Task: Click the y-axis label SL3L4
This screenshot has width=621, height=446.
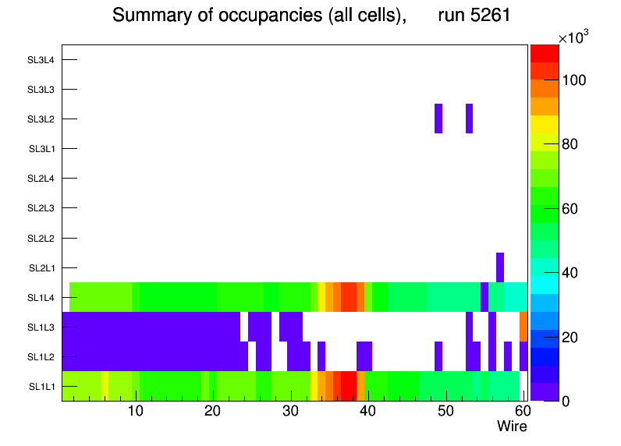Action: pos(41,60)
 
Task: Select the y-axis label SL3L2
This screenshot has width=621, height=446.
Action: pos(41,119)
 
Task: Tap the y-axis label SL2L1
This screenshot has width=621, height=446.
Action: pos(41,268)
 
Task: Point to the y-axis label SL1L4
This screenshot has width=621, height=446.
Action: pos(41,298)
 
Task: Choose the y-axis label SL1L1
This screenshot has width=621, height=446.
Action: pos(41,387)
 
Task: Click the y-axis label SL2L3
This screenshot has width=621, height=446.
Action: pos(41,208)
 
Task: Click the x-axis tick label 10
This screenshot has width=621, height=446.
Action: pos(136,412)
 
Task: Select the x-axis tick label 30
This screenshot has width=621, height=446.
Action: pos(290,412)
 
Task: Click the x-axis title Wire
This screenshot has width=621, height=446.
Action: pos(512,427)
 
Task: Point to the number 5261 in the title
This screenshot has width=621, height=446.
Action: pos(484,16)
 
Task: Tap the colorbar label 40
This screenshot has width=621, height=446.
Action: pos(573,273)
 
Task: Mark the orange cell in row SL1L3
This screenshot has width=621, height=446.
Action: pos(523,327)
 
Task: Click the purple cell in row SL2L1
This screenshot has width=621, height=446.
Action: pos(500,267)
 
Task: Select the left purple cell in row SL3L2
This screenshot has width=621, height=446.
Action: pos(438,119)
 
